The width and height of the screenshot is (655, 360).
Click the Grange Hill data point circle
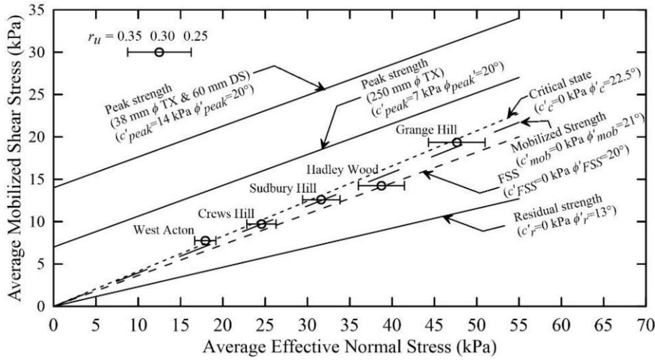pos(457,142)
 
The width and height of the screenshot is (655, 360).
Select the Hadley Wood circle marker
pos(382,186)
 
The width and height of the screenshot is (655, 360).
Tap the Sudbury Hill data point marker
pos(321,200)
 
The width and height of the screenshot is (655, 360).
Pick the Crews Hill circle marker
pos(262,224)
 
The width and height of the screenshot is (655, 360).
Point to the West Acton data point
pos(205,240)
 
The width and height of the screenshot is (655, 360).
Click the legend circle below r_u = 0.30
pos(159,52)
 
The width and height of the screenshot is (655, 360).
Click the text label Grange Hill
pos(426,130)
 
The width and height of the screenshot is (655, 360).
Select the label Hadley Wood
pos(342,170)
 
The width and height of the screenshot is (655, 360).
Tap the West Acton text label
pos(164,230)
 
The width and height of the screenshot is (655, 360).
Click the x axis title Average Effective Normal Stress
pos(349,347)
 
